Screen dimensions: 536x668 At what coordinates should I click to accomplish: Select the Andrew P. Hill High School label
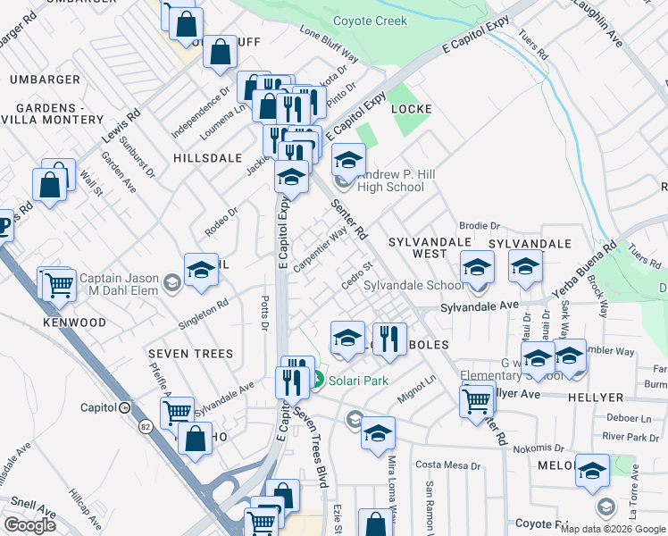tap(390, 180)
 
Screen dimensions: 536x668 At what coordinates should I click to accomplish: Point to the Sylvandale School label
tap(414, 285)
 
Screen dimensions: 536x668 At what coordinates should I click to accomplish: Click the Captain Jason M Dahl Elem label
tap(119, 284)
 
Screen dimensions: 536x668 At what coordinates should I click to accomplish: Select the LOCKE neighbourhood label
tap(413, 109)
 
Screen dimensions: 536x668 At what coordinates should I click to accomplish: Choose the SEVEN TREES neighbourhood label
tap(191, 354)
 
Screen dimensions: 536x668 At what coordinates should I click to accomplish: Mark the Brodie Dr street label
tap(479, 226)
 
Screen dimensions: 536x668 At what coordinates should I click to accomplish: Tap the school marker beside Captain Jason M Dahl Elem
tap(202, 272)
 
